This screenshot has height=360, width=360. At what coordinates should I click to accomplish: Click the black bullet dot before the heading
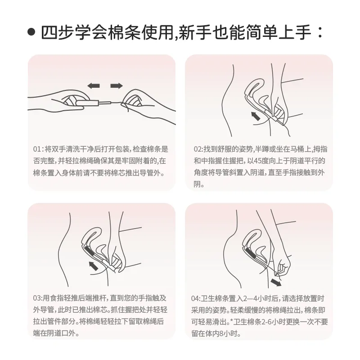pyautogui.click(x=31, y=32)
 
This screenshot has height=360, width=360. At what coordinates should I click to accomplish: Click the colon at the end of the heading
pyautogui.click(x=319, y=32)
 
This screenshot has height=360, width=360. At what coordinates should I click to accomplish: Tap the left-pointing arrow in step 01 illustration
pyautogui.click(x=94, y=86)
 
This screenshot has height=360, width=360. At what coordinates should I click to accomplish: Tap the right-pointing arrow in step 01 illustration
pyautogui.click(x=117, y=86)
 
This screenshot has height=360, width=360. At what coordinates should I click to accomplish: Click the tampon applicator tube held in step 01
pyautogui.click(x=88, y=103)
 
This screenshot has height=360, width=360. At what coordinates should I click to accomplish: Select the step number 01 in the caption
pyautogui.click(x=37, y=149)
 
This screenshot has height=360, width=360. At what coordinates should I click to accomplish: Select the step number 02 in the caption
pyautogui.click(x=198, y=149)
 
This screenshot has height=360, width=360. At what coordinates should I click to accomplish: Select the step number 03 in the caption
pyautogui.click(x=37, y=298)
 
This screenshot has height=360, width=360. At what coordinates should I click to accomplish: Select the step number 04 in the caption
pyautogui.click(x=195, y=298)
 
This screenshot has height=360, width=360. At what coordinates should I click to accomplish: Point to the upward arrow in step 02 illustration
pyautogui.click(x=256, y=116)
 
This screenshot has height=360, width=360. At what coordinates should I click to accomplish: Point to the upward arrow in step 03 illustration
pyautogui.click(x=94, y=266)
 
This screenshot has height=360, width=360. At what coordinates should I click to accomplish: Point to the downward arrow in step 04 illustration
pyautogui.click(x=276, y=282)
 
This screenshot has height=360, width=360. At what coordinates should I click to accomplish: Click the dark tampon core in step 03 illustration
pyautogui.click(x=88, y=251)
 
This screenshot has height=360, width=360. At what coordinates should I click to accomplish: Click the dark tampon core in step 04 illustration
pyautogui.click(x=249, y=252)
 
